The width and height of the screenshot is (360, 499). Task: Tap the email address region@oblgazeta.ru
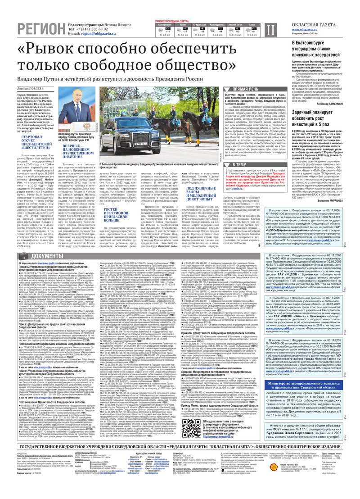pos(98,33)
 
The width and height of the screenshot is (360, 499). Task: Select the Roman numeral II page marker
pos(270,30)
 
